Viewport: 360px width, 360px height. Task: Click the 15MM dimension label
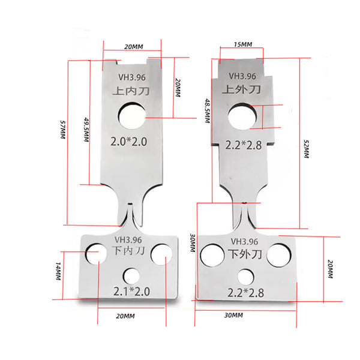pyautogui.click(x=243, y=44)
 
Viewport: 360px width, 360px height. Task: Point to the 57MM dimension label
pyautogui.click(x=62, y=130)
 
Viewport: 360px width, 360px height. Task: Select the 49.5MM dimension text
pyautogui.click(x=86, y=130)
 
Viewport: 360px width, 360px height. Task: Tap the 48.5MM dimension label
pyautogui.click(x=208, y=110)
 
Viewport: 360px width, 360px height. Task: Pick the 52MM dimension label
pyautogui.click(x=306, y=149)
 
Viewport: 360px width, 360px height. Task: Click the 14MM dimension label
pyautogui.click(x=58, y=271)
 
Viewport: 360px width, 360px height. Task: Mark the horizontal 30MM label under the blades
pyautogui.click(x=233, y=315)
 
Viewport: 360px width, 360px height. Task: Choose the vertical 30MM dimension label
pyautogui.click(x=193, y=242)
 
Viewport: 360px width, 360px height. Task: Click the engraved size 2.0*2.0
pyautogui.click(x=128, y=142)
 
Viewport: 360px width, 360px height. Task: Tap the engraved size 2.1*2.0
pyautogui.click(x=131, y=292)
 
